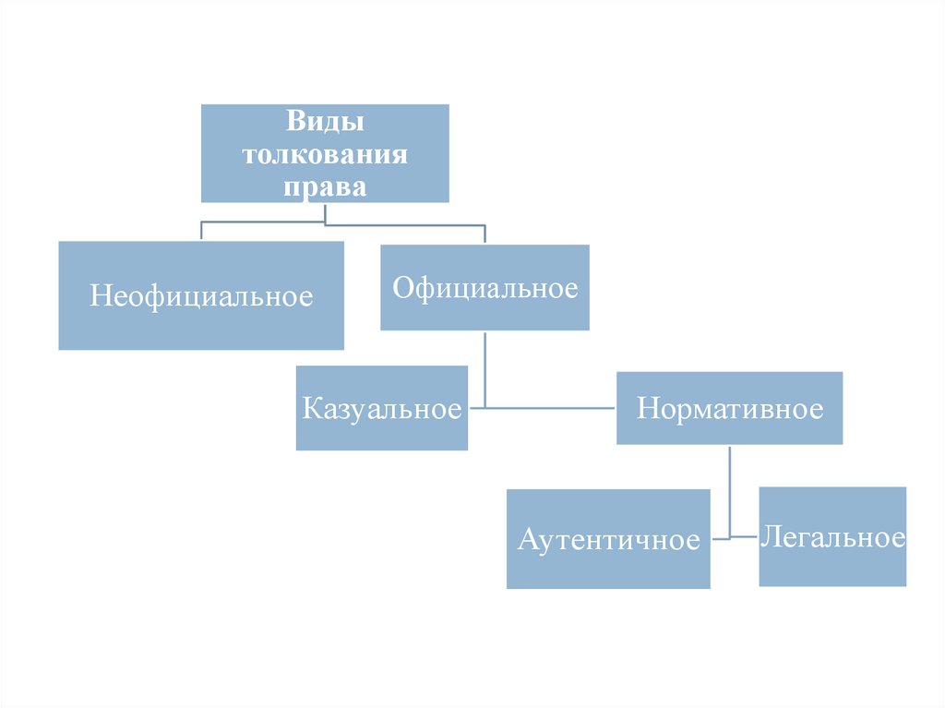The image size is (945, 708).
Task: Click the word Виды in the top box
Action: (x=325, y=122)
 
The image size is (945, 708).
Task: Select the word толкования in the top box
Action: (x=325, y=154)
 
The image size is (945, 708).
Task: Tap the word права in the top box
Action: (x=325, y=186)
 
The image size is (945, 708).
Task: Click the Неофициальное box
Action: (x=201, y=295)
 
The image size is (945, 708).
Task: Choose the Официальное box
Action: (x=484, y=288)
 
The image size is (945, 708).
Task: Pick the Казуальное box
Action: (x=381, y=408)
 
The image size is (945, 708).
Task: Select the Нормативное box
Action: (x=729, y=408)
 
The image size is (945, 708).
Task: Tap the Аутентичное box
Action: (x=608, y=539)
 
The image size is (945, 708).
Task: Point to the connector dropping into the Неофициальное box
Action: (x=201, y=231)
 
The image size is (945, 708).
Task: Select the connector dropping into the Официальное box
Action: (x=484, y=234)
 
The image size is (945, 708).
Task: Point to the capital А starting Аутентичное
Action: (x=527, y=539)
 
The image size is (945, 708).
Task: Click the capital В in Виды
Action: (x=293, y=122)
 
